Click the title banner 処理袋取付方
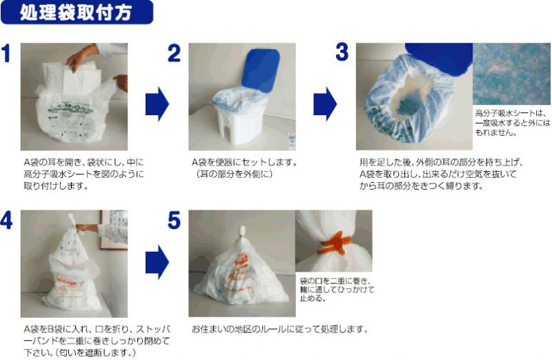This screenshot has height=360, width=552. tap(77, 12)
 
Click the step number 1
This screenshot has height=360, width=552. tap(6, 53)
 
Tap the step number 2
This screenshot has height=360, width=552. tap(174, 53)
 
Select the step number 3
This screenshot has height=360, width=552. tap(342, 52)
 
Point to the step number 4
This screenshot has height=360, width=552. tap(6, 220)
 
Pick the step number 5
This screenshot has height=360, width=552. tap(174, 220)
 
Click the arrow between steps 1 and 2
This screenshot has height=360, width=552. tap(157, 104)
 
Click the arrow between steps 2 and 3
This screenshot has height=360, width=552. tap(325, 104)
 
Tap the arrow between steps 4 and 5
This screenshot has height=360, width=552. tap(157, 263)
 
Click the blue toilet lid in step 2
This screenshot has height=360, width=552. tap(261, 70)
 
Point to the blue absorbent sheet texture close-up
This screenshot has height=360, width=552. tap(511, 74)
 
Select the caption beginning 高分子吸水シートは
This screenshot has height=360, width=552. tap(512, 123)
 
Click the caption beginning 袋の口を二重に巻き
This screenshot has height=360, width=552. tap(337, 289)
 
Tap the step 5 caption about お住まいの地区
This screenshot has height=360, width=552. tap(280, 329)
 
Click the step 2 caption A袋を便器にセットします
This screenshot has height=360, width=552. tap(244, 168)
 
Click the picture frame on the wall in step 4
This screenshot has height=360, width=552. tap(113, 230)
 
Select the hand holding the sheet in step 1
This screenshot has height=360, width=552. tap(81, 57)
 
